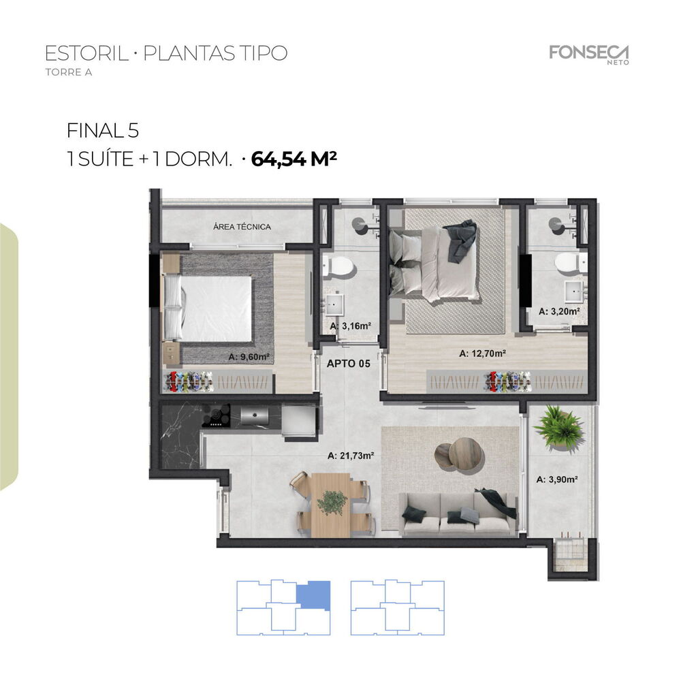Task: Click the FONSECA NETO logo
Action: (589, 54)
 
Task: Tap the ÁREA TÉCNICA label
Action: (242, 227)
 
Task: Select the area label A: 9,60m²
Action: (249, 356)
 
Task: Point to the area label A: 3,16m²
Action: (350, 326)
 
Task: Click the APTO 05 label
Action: (349, 364)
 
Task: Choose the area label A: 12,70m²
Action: (483, 353)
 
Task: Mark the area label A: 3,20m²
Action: (559, 311)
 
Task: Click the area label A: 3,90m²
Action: (557, 479)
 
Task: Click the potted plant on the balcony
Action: (558, 427)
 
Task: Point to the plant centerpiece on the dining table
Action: (332, 502)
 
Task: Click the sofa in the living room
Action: (458, 514)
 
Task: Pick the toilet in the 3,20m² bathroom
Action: (566, 262)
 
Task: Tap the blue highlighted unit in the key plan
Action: (313, 594)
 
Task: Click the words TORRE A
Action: (68, 72)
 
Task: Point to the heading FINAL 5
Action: (102, 130)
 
